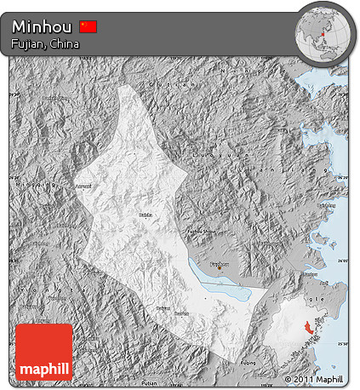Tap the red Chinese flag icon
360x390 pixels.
click(89, 26)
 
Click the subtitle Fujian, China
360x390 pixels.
click(46, 43)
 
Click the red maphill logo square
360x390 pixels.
click(44, 352)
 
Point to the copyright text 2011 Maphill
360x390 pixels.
click(314, 378)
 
